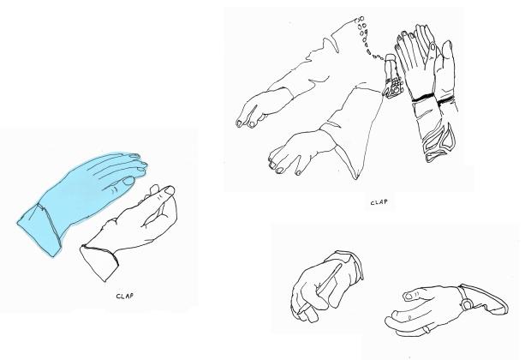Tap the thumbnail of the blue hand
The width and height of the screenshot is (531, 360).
point(128,181)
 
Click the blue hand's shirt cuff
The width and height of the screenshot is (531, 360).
point(39,228)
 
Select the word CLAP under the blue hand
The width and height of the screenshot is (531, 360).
point(125,296)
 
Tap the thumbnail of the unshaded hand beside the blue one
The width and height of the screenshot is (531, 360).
point(170,190)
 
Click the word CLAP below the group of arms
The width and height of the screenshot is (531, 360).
point(379,202)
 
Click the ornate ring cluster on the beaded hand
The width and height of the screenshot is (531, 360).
point(393,87)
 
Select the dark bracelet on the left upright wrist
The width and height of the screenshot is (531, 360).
point(422,98)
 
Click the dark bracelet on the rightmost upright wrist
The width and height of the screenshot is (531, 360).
point(445,100)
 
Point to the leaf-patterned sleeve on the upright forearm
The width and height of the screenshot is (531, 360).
point(439,142)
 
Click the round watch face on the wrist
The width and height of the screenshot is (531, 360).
point(467,305)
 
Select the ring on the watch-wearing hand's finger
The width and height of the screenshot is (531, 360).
point(427,329)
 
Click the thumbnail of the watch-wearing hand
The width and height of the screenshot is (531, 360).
point(409,296)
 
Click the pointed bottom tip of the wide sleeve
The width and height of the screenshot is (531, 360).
point(356,179)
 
